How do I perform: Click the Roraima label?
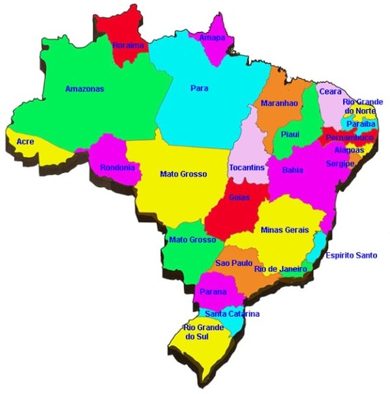(x=129, y=45)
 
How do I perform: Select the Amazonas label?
(x=84, y=89)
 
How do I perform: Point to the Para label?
(x=199, y=87)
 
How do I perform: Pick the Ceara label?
(x=332, y=92)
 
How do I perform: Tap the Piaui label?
(x=290, y=134)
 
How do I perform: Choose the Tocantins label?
(x=247, y=167)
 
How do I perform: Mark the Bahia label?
(x=292, y=170)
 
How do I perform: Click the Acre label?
(x=25, y=142)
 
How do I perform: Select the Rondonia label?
(x=117, y=167)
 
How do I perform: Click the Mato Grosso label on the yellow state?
(x=183, y=174)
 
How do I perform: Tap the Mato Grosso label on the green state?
(x=191, y=240)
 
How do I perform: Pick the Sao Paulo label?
(x=233, y=262)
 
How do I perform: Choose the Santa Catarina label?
(x=232, y=314)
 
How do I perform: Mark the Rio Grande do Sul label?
(x=201, y=332)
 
